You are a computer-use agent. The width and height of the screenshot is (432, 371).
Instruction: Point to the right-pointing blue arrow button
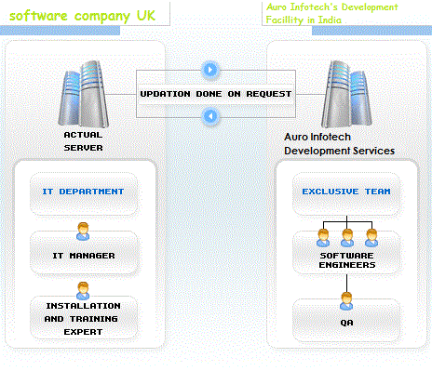[211, 70]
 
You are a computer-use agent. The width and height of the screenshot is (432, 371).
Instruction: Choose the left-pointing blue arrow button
[211, 116]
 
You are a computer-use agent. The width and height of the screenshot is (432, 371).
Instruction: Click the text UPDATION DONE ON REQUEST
[215, 94]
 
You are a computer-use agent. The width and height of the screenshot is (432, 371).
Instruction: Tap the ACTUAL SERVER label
[83, 140]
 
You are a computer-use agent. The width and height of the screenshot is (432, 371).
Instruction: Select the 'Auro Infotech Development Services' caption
[339, 142]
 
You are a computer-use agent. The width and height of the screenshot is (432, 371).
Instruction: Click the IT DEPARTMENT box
[83, 192]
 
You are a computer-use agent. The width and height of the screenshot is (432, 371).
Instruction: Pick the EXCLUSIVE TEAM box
[346, 192]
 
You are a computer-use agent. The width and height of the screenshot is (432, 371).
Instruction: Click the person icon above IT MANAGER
[83, 232]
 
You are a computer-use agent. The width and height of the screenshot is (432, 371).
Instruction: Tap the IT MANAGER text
[84, 254]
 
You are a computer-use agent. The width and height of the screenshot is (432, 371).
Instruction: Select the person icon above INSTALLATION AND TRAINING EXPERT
[83, 289]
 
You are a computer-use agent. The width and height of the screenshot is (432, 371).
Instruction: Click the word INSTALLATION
[83, 305]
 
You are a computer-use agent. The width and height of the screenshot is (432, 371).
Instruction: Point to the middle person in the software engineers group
[347, 236]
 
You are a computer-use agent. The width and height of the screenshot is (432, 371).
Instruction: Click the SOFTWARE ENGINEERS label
[347, 259]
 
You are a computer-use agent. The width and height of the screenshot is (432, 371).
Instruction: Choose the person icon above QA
[347, 300]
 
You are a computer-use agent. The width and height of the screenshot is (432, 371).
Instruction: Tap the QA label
[347, 323]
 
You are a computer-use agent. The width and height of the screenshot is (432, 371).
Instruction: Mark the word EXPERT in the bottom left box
[83, 331]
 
